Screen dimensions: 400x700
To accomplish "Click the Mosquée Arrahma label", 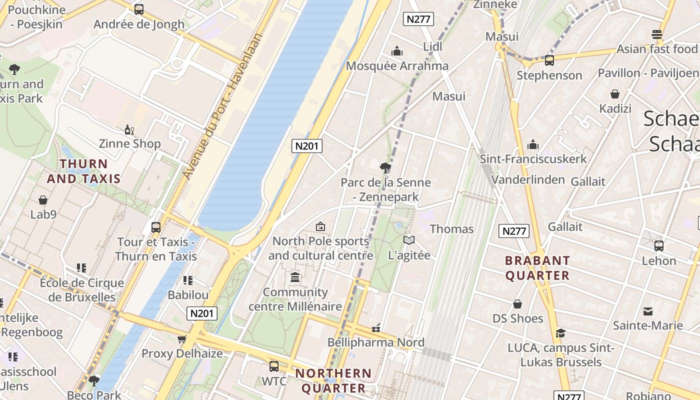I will pyautogui.click(x=397, y=66).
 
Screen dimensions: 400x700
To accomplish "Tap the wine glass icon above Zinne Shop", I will pyautogui.click(x=129, y=130).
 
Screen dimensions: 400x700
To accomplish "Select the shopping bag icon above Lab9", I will pyautogui.click(x=43, y=200).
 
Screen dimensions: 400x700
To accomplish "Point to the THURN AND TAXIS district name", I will pyautogui.click(x=83, y=171).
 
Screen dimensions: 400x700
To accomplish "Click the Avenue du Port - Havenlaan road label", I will pyautogui.click(x=222, y=106).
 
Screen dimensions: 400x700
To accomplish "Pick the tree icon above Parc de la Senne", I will pyautogui.click(x=385, y=168).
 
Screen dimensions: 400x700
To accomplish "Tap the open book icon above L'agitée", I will pyautogui.click(x=409, y=240).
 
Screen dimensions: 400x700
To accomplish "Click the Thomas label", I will pyautogui.click(x=451, y=229).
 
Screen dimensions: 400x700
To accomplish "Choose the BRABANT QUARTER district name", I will pyautogui.click(x=537, y=268).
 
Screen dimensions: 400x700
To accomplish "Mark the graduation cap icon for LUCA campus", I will pyautogui.click(x=560, y=333).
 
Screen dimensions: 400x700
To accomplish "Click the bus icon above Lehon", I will pyautogui.click(x=659, y=246).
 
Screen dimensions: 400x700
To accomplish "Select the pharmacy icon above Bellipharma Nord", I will pyautogui.click(x=376, y=328).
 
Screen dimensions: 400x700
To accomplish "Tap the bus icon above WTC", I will pyautogui.click(x=274, y=366).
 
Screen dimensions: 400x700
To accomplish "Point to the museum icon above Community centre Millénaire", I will pyautogui.click(x=295, y=277).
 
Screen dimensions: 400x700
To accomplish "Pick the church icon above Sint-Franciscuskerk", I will pyautogui.click(x=533, y=144).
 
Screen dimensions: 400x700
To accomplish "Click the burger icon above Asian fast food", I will pyautogui.click(x=657, y=34).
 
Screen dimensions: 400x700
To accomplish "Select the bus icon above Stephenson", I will pyautogui.click(x=549, y=60).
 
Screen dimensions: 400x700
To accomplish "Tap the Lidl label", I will pyautogui.click(x=433, y=46).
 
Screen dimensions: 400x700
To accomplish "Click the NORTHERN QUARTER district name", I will pyautogui.click(x=333, y=380).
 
